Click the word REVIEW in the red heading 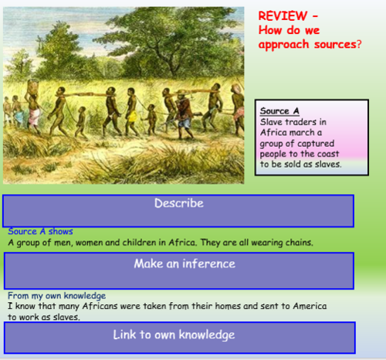click(279, 16)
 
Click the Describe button click(178, 204)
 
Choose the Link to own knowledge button click(178, 335)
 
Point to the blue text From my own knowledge click(56, 296)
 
